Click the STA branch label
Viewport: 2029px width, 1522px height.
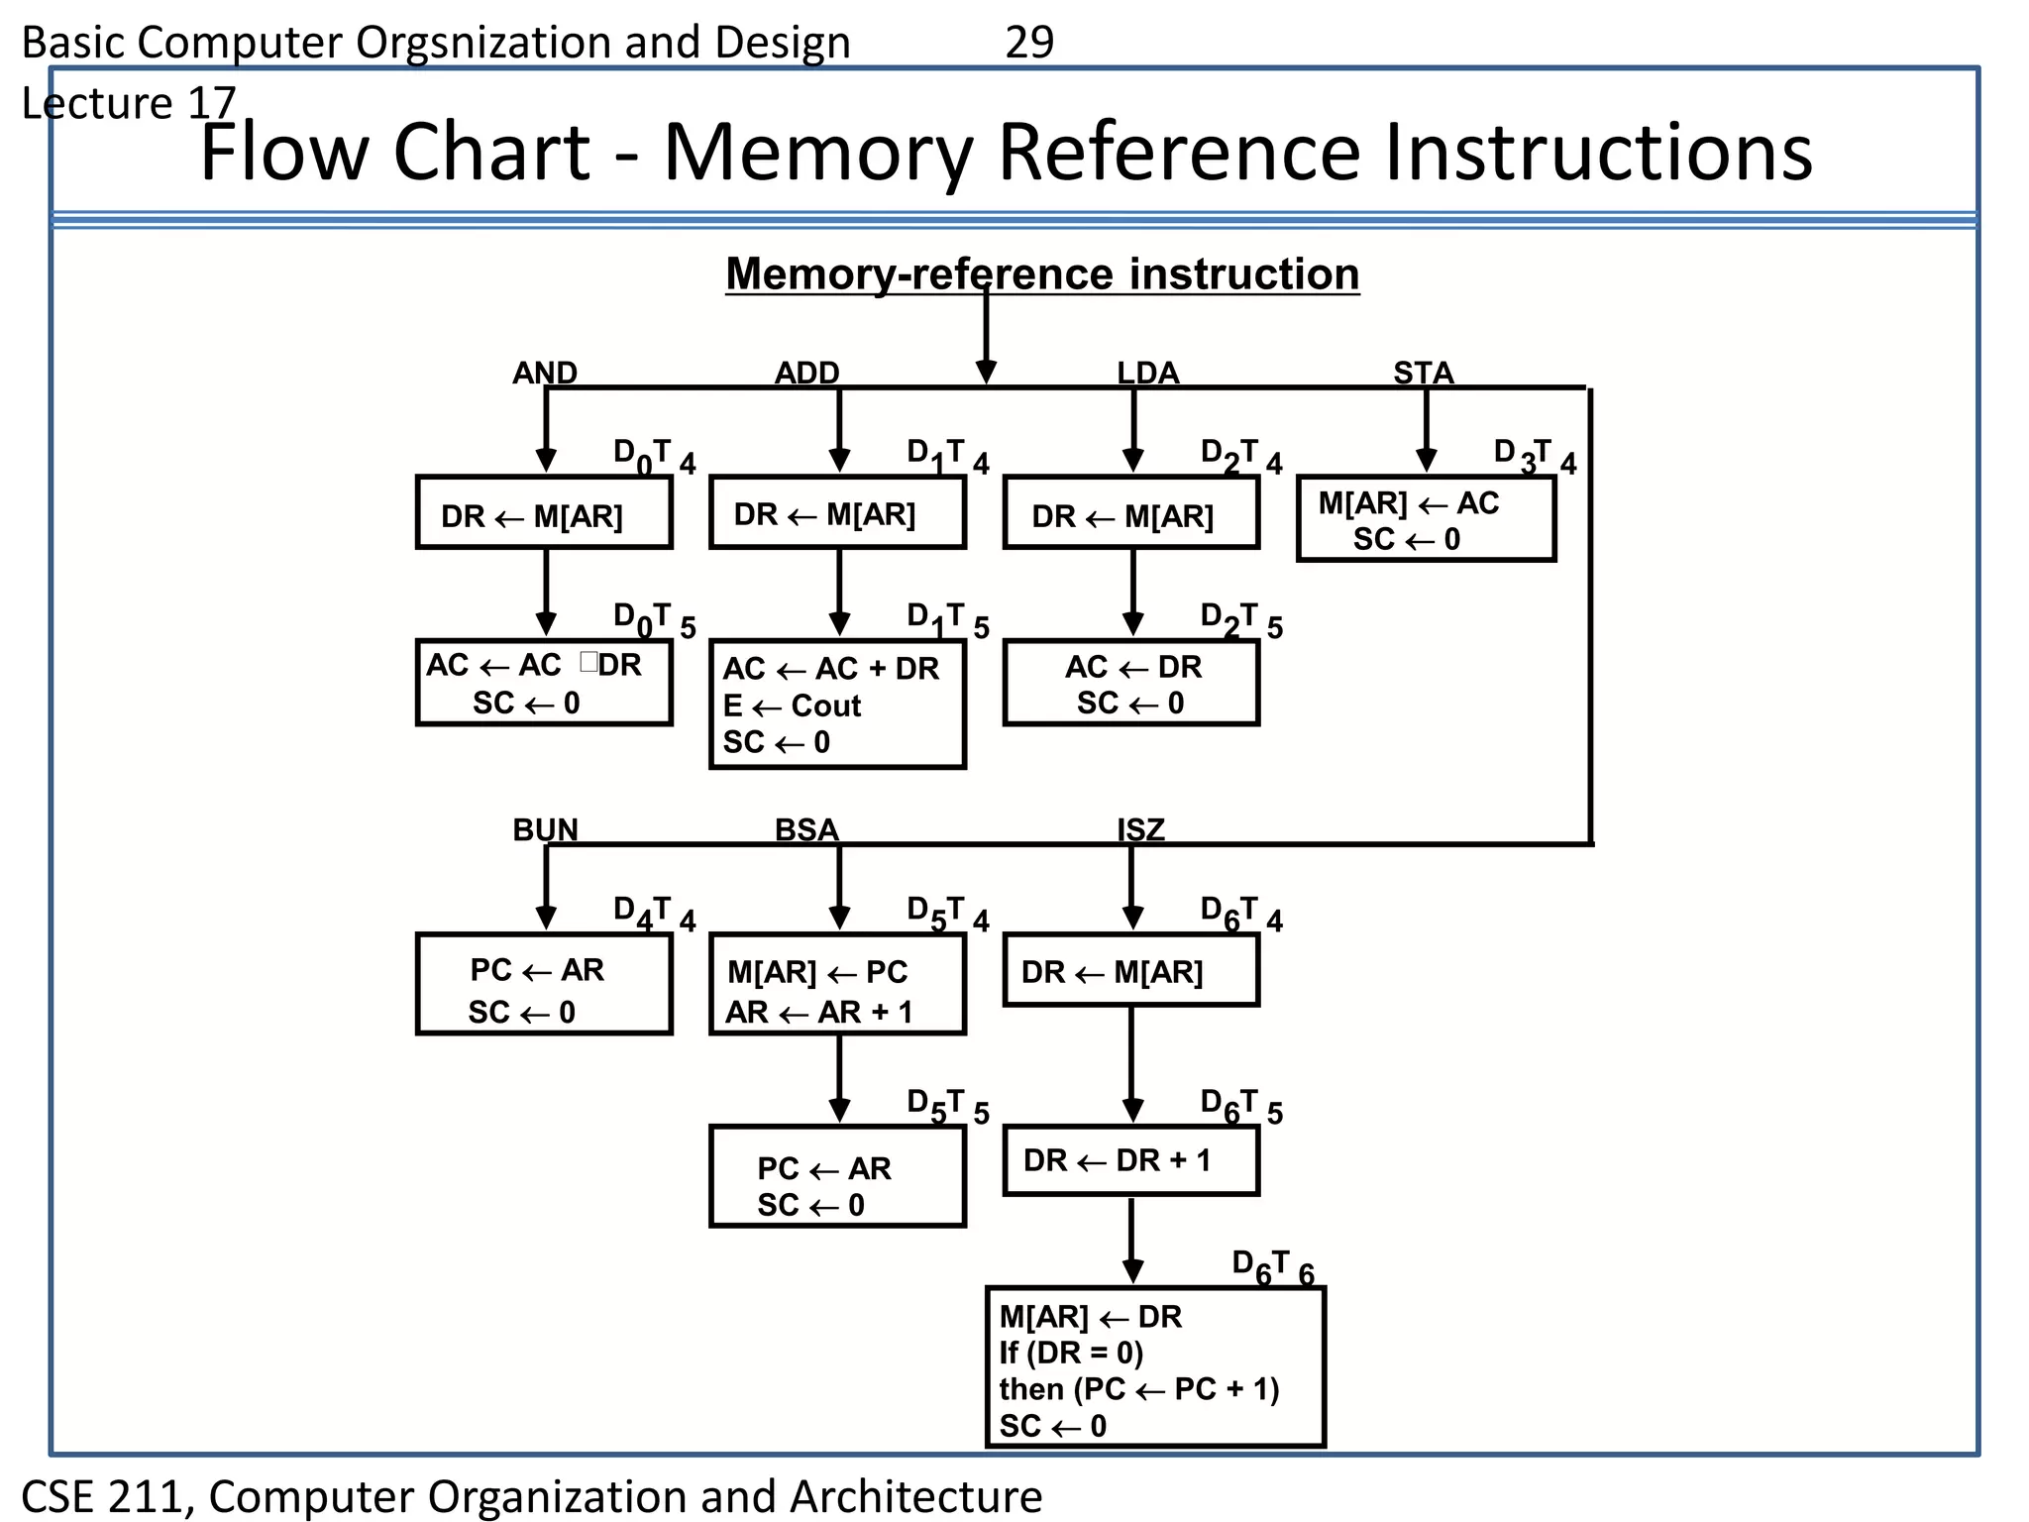click(1423, 373)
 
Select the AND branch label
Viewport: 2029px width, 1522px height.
click(544, 373)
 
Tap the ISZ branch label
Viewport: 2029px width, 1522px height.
click(1140, 829)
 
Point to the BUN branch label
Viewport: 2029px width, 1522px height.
click(545, 829)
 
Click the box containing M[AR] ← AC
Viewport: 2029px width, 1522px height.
click(1426, 520)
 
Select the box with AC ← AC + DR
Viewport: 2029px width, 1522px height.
click(837, 705)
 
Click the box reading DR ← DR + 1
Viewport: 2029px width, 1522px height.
click(1130, 1160)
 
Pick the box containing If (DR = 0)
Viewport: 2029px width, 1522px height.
click(1155, 1368)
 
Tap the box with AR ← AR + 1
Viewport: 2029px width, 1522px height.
click(837, 985)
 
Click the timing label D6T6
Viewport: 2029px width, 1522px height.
click(1272, 1267)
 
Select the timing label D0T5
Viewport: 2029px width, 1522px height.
click(654, 620)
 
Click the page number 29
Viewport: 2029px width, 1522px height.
click(1028, 43)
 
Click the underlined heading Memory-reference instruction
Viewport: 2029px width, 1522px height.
click(1042, 274)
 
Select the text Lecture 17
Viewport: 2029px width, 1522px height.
click(129, 103)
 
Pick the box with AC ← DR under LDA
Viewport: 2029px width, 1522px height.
click(1130, 684)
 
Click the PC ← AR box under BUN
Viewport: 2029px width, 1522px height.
click(544, 985)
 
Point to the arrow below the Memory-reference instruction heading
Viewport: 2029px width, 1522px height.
click(986, 337)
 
